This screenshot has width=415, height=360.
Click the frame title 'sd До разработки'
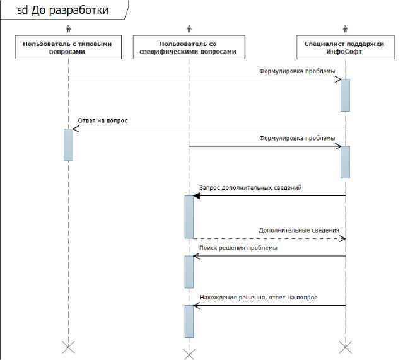coord(62,11)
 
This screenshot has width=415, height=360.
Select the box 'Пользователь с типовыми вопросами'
coord(67,48)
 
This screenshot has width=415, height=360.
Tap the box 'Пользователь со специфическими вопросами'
coord(188,48)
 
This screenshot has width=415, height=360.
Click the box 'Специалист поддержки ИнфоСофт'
coord(345,48)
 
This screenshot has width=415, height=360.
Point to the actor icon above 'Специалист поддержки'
coord(345,28)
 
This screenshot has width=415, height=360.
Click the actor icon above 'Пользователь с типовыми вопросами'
coord(68,28)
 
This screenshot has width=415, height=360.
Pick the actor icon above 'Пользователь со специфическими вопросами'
coord(189,28)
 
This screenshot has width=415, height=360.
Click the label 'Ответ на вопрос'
coord(103,120)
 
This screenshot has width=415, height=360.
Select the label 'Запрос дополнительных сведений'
coord(250,187)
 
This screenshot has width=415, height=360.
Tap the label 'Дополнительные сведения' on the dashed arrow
coord(298,230)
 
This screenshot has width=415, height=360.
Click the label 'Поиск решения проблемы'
coord(238,248)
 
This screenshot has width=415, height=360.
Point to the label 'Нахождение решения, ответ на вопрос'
coord(258,296)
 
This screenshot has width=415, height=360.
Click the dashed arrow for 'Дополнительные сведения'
coord(265,238)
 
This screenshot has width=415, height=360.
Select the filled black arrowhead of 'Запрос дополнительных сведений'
coord(197,195)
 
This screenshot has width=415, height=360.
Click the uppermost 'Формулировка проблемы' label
coord(297,71)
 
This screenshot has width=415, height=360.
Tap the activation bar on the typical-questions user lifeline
coord(68,144)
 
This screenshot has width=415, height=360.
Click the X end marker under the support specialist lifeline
coord(345,347)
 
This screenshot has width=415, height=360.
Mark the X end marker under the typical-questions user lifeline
coord(68,347)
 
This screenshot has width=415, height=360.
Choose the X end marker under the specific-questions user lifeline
coord(189,351)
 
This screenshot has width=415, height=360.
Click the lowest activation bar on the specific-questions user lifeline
coord(189,321)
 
